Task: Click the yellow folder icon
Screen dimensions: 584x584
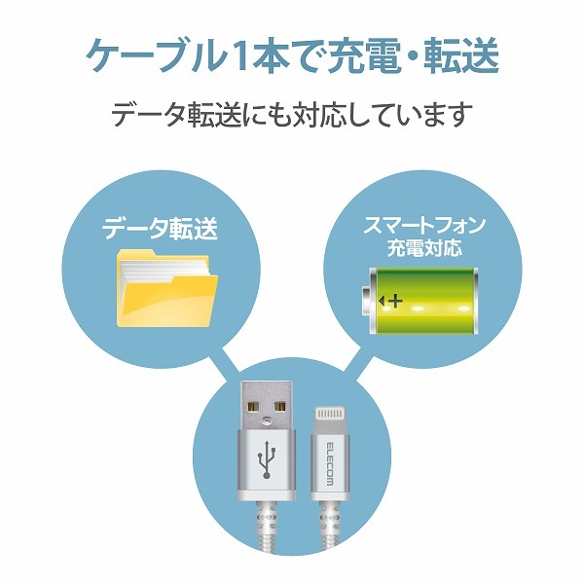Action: tap(167, 288)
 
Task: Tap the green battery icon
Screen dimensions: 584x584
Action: tap(420, 301)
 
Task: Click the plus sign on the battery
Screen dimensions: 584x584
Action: tap(395, 300)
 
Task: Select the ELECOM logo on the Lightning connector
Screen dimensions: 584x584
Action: tap(330, 463)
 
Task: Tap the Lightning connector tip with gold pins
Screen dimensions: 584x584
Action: tap(329, 420)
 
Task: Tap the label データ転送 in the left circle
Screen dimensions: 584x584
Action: tap(160, 228)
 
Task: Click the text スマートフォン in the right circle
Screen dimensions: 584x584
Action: tap(423, 226)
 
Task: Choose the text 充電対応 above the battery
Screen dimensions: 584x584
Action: tap(424, 247)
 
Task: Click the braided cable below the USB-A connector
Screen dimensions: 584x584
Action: tap(266, 526)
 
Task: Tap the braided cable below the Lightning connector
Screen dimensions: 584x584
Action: tap(330, 527)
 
